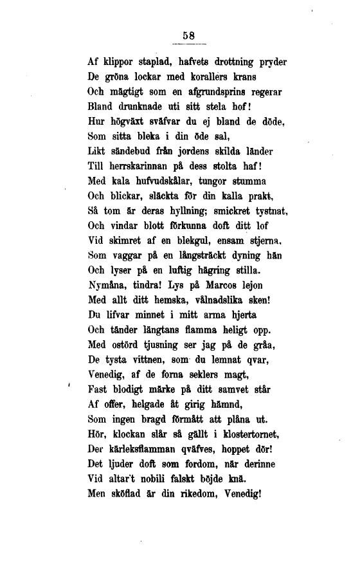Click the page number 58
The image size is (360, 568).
(189, 36)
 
